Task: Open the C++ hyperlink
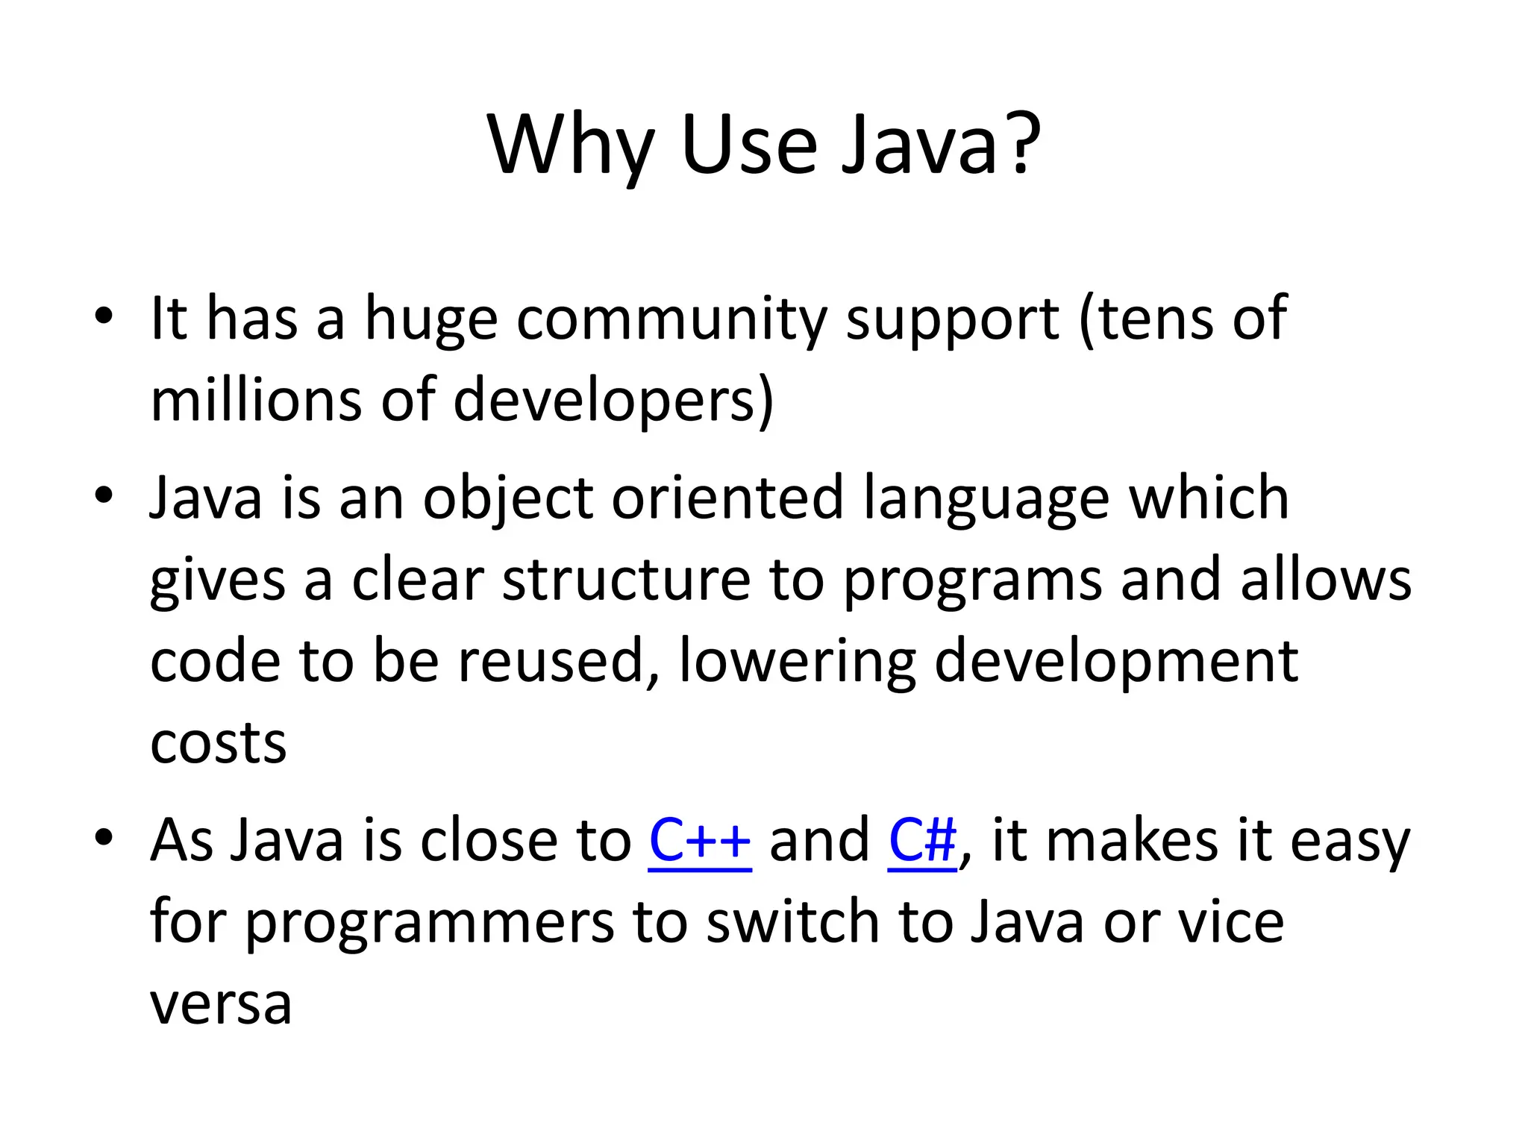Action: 700,840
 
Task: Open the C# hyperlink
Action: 922,840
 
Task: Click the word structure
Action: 626,580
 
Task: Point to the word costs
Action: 219,743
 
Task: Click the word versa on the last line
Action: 221,1004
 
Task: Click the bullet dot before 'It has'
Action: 104,316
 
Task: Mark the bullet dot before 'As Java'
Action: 104,837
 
